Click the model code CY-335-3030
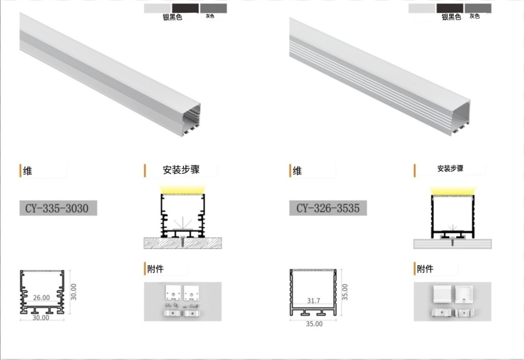(57, 209)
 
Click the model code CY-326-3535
(328, 208)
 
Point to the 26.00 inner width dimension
(41, 297)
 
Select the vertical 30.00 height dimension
(74, 292)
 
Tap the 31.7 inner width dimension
(313, 301)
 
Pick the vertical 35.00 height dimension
(345, 292)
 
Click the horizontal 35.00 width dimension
(314, 324)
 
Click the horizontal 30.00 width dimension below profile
(41, 318)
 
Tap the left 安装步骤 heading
(181, 170)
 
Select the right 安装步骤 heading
(451, 168)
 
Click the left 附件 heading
(155, 268)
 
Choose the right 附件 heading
(425, 268)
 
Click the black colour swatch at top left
(186, 8)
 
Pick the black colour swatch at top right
(450, 8)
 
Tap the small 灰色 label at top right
(474, 16)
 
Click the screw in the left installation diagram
(182, 242)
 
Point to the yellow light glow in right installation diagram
(452, 190)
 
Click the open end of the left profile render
(190, 120)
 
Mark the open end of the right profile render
(460, 118)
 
